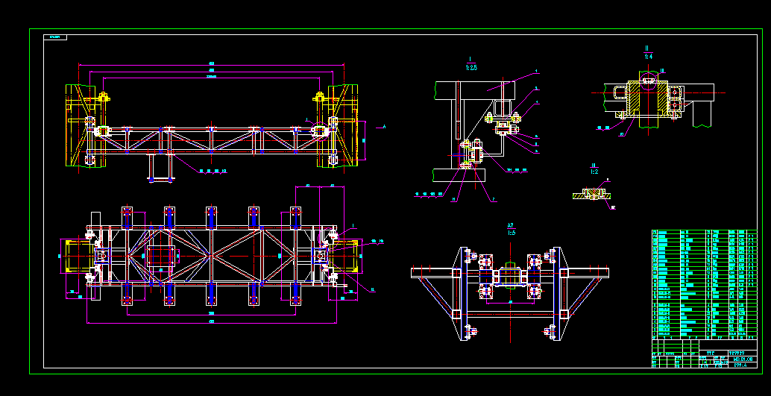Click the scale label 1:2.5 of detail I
pyautogui.click(x=471, y=67)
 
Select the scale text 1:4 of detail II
pyautogui.click(x=648, y=56)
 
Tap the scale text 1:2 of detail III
pyautogui.click(x=594, y=172)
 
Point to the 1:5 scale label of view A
pyautogui.click(x=511, y=232)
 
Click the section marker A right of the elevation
pyautogui.click(x=384, y=127)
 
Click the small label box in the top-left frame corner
pyautogui.click(x=55, y=37)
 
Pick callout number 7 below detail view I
pyautogui.click(x=494, y=199)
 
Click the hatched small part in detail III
pyautogui.click(x=594, y=194)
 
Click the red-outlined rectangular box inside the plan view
pyautogui.click(x=163, y=256)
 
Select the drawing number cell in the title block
pyautogui.click(x=740, y=359)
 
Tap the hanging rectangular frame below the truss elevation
pyautogui.click(x=160, y=168)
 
